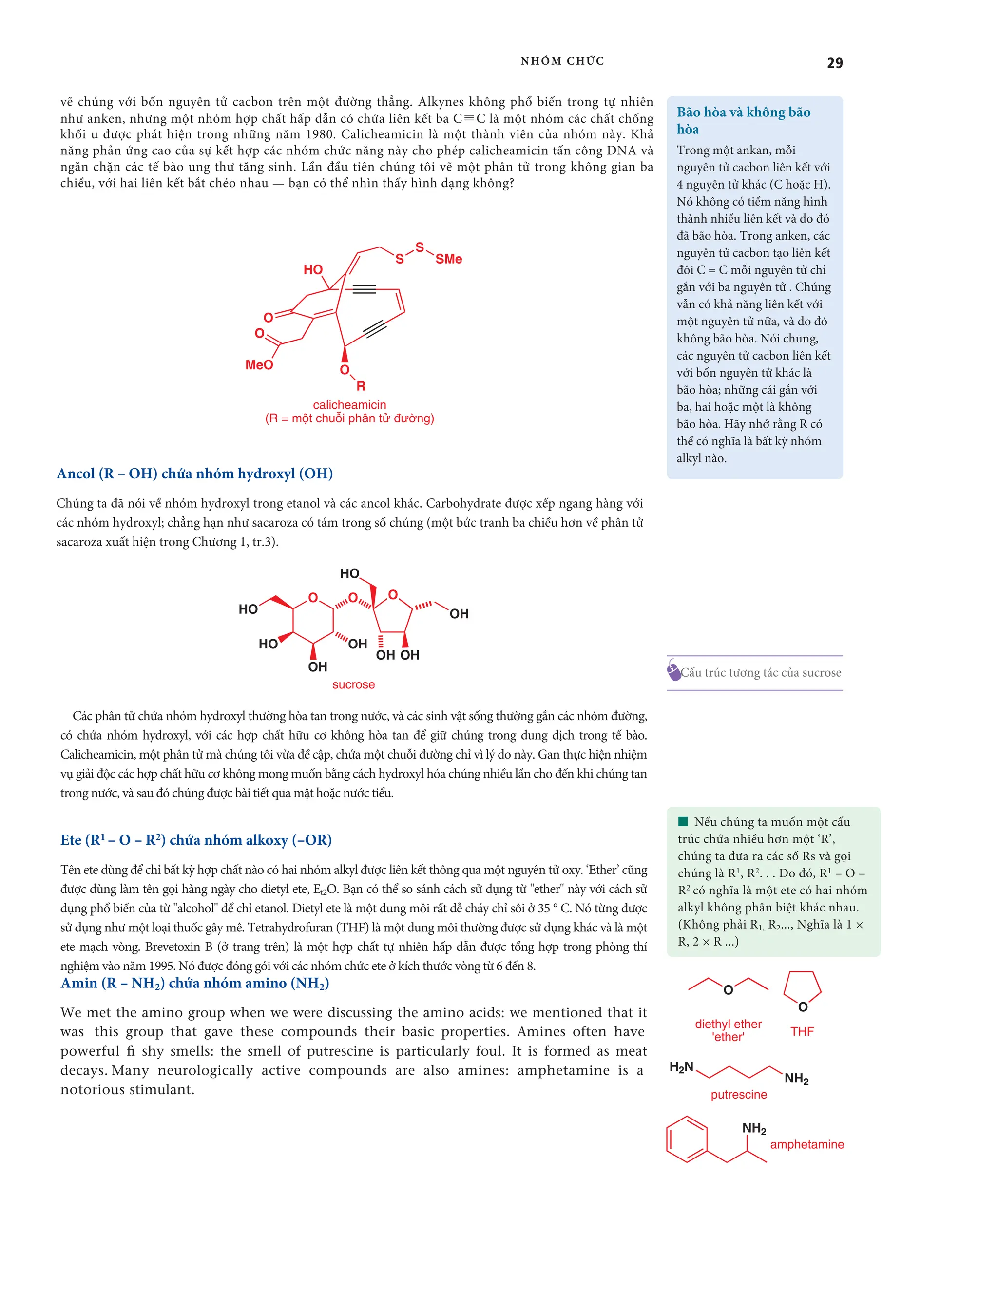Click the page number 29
pyautogui.click(x=834, y=63)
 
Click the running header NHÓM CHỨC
pyautogui.click(x=562, y=61)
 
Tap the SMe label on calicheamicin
pyautogui.click(x=449, y=259)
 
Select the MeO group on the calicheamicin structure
pyautogui.click(x=259, y=365)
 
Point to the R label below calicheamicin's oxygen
pyautogui.click(x=361, y=386)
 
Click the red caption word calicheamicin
pyautogui.click(x=349, y=405)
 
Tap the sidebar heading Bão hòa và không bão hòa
pyautogui.click(x=743, y=120)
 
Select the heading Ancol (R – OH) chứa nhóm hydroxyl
pyautogui.click(x=194, y=474)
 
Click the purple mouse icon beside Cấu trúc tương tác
pyautogui.click(x=673, y=671)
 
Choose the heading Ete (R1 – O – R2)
pyautogui.click(x=196, y=840)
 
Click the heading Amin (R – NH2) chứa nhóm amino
pyautogui.click(x=194, y=983)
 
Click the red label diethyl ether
pyautogui.click(x=728, y=1024)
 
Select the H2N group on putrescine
pyautogui.click(x=681, y=1067)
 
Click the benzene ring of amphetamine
pyautogui.click(x=687, y=1139)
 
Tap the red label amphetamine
pyautogui.click(x=806, y=1144)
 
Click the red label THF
pyautogui.click(x=802, y=1031)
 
